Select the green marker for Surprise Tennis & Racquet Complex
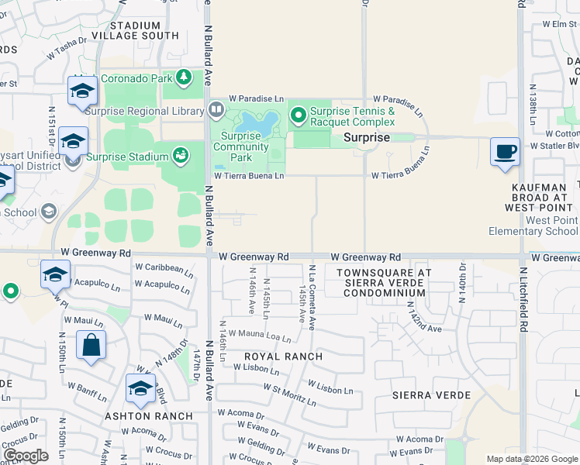click(x=299, y=116)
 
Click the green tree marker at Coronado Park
click(x=184, y=77)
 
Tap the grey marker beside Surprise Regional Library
click(x=213, y=111)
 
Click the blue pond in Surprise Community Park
click(x=257, y=122)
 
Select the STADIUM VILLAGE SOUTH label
click(x=135, y=30)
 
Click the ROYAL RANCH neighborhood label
click(x=283, y=356)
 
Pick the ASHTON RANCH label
click(x=149, y=416)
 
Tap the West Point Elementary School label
click(x=533, y=226)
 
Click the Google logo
click(x=26, y=456)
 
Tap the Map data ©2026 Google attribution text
click(x=531, y=459)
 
